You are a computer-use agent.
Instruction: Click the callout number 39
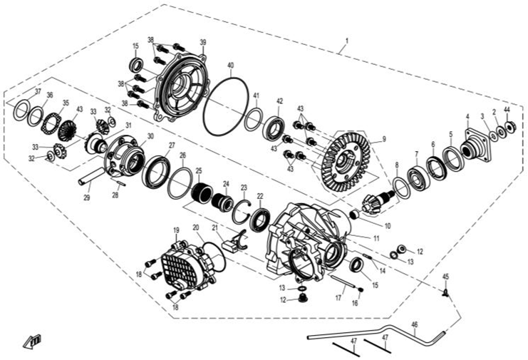[x=203, y=42]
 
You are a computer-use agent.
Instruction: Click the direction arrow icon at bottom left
[x=33, y=340]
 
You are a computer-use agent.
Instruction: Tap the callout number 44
[x=507, y=110]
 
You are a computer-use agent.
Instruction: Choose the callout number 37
[x=38, y=92]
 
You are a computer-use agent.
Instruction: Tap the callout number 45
[x=446, y=277]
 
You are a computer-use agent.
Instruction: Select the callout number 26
[x=183, y=155]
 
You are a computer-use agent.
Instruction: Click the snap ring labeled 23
[x=240, y=212]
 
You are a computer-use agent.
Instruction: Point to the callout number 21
[x=214, y=228]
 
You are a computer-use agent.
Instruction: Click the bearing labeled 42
[x=273, y=130]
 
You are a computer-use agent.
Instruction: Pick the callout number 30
[x=150, y=135]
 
